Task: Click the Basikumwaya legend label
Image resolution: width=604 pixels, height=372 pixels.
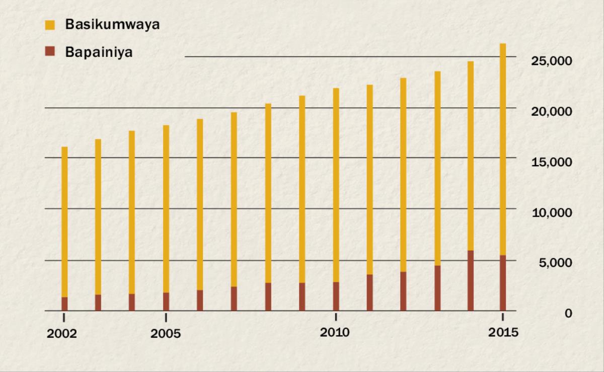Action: coord(112,25)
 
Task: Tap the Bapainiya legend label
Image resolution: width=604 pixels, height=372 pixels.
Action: coord(99,52)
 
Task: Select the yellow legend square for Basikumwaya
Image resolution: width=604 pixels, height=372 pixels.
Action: coord(49,24)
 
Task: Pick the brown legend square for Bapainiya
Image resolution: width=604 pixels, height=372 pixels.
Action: coord(49,51)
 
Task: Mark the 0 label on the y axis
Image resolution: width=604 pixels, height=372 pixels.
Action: coord(568,313)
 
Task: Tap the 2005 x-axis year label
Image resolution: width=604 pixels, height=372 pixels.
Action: coord(166,334)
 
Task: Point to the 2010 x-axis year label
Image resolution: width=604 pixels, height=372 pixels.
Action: coord(335,333)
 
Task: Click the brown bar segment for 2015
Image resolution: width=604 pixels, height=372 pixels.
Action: coord(503,283)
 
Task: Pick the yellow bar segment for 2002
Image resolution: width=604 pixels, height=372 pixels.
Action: coord(64,221)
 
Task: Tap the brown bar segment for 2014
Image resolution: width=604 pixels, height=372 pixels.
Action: coord(471,280)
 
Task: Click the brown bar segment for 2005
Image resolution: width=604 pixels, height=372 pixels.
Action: coord(166,302)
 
